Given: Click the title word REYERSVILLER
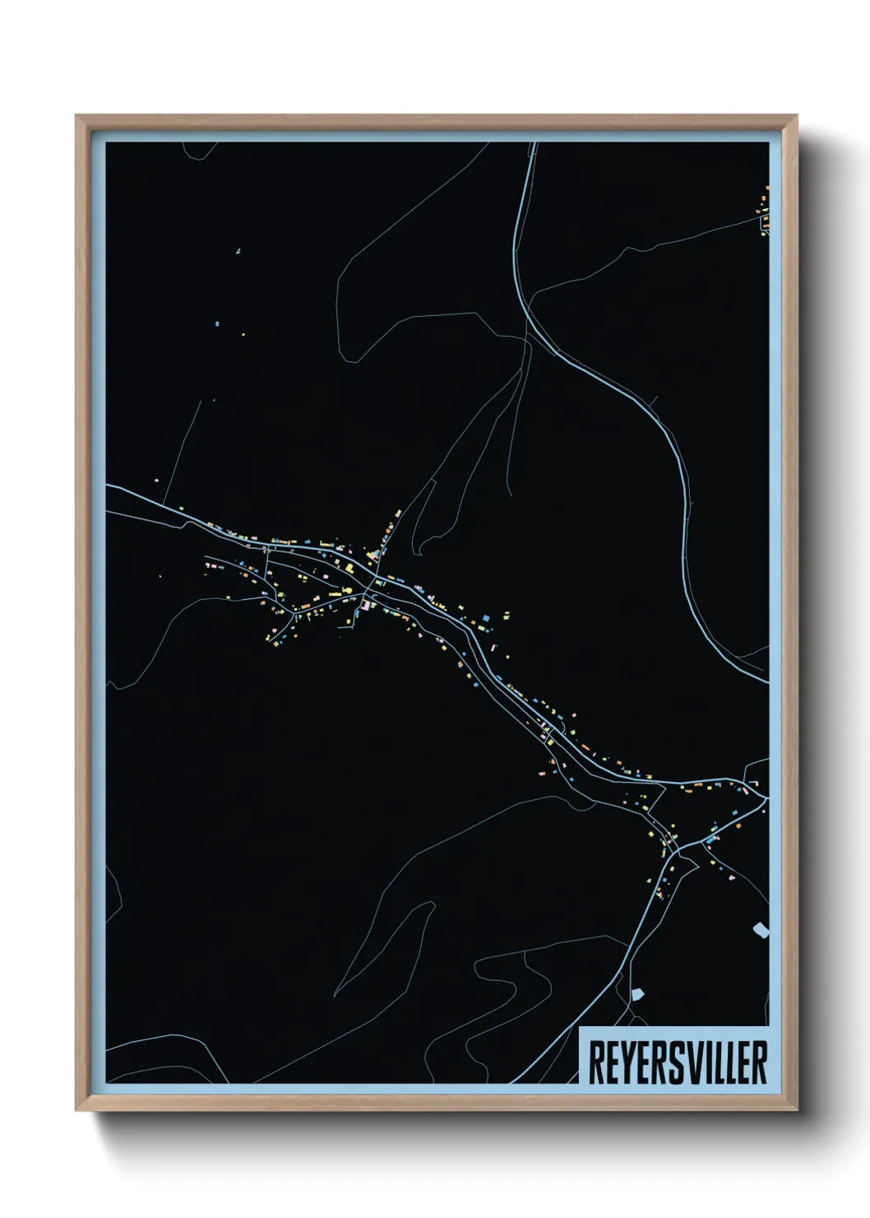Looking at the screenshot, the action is [x=678, y=1062].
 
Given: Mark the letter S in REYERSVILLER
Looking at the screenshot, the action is [x=679, y=1062].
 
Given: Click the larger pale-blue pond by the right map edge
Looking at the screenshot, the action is [x=761, y=931].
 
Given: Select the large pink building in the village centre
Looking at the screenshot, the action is [x=365, y=607].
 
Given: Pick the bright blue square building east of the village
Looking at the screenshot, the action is [x=485, y=617].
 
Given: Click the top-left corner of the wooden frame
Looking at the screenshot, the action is [x=76, y=117].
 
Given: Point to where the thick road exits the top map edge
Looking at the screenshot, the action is [x=534, y=145].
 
